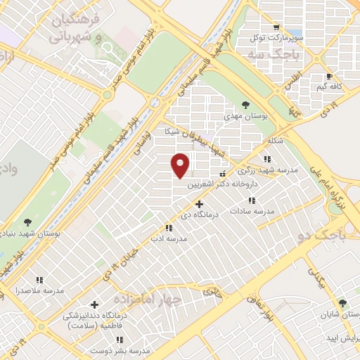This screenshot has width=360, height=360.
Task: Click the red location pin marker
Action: pyautogui.click(x=181, y=164)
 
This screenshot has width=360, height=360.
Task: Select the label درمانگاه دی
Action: pyautogui.click(x=200, y=214)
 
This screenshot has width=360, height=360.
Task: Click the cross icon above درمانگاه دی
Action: pyautogui.click(x=200, y=204)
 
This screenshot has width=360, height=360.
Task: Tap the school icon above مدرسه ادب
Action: pyautogui.click(x=168, y=228)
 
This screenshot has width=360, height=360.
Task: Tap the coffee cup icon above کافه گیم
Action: pyautogui.click(x=329, y=77)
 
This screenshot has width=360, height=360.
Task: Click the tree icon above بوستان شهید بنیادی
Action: pyautogui.click(x=27, y=221)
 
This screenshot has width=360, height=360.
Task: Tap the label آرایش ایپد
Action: pyautogui.click(x=339, y=339)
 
